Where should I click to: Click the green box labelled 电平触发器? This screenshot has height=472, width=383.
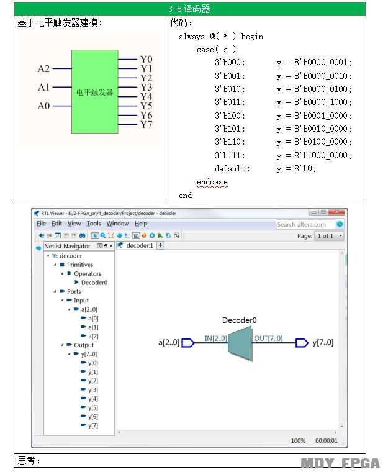click(95, 91)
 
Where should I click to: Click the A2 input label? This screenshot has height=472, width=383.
click(43, 69)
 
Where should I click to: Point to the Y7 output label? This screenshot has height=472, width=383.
click(146, 125)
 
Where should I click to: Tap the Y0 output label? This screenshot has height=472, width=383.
click(146, 59)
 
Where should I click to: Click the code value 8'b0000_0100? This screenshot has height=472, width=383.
click(321, 89)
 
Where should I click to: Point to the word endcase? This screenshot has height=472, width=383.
click(212, 182)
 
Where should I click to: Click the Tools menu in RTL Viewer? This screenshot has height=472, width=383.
click(94, 224)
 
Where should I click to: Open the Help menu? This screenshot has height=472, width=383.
click(141, 224)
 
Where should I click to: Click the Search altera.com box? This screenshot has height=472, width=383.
click(304, 225)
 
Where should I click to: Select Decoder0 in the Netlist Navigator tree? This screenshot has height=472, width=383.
click(94, 283)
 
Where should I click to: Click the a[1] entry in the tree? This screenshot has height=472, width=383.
click(93, 327)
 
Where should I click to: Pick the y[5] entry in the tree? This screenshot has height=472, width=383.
click(93, 407)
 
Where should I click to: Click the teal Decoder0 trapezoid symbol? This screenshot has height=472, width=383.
click(240, 343)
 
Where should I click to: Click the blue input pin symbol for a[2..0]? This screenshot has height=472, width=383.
click(188, 343)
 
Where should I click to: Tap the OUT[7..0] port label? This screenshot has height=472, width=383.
click(268, 338)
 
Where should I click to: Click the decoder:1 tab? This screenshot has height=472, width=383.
click(140, 246)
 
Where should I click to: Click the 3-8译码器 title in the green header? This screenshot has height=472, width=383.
click(189, 9)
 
